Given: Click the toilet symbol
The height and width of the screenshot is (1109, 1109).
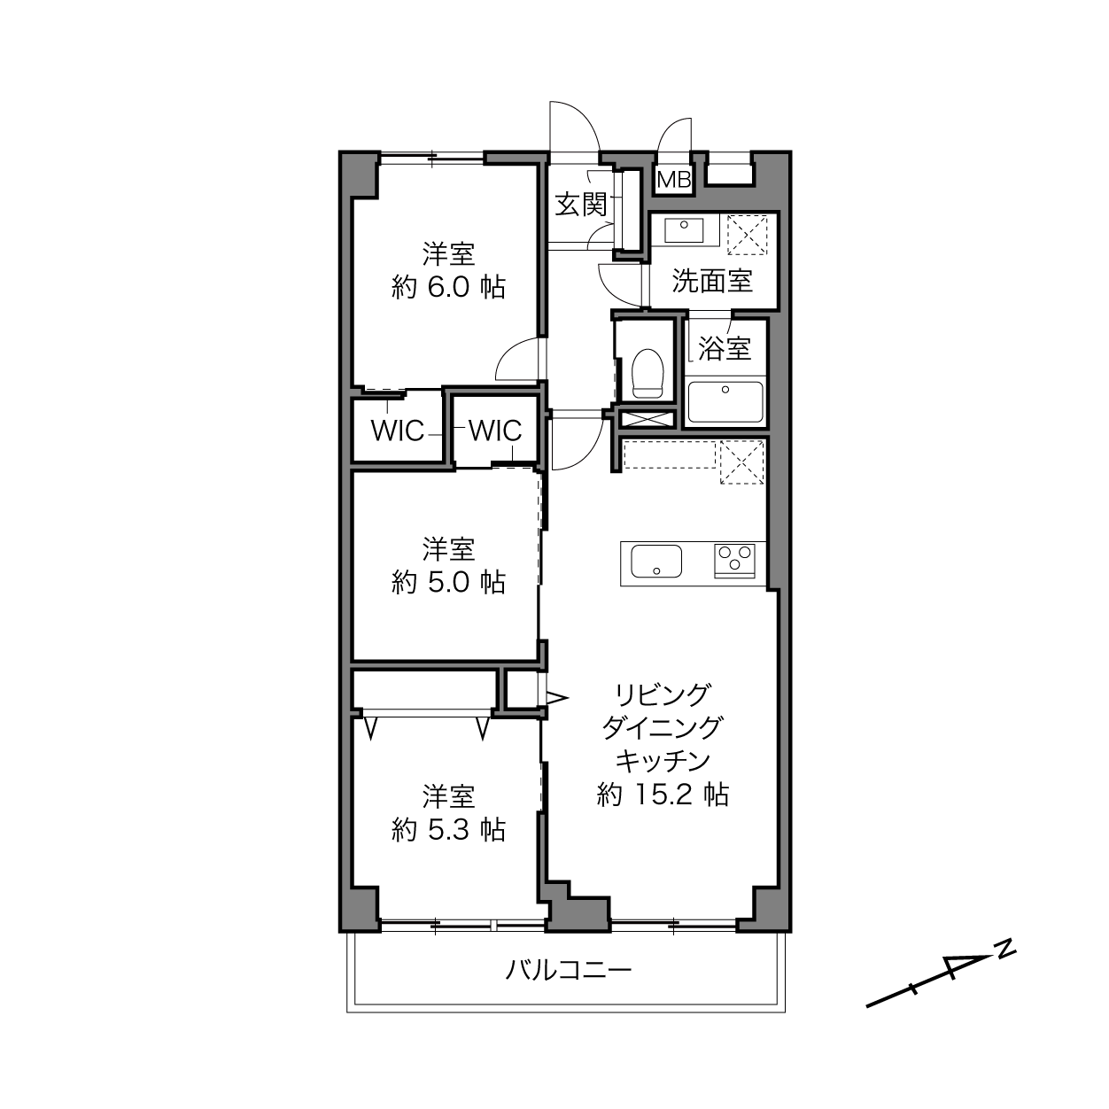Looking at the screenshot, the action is pyautogui.click(x=648, y=374).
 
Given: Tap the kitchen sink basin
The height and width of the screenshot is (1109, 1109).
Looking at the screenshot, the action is pyautogui.click(x=656, y=561).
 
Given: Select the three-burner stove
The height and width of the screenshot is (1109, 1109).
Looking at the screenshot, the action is pyautogui.click(x=734, y=561).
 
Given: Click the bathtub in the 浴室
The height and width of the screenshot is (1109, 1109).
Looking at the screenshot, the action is pyautogui.click(x=725, y=401).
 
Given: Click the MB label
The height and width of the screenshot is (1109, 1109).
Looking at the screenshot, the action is pyautogui.click(x=674, y=180).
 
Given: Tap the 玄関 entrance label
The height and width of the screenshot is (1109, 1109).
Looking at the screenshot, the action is pyautogui.click(x=581, y=205).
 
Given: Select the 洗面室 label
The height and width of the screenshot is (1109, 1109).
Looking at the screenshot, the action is pyautogui.click(x=712, y=281).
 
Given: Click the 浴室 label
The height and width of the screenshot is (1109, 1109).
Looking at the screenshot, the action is pyautogui.click(x=725, y=347).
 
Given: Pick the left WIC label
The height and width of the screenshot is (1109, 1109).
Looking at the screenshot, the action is pyautogui.click(x=398, y=430).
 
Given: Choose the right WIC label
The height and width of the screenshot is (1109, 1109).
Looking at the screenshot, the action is pyautogui.click(x=495, y=430).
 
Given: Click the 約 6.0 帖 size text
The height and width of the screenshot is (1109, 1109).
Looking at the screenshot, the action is pyautogui.click(x=448, y=287).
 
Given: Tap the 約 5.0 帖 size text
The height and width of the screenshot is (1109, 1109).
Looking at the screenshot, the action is pyautogui.click(x=448, y=582).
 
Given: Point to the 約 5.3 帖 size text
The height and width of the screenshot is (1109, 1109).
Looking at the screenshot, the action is pyautogui.click(x=448, y=829).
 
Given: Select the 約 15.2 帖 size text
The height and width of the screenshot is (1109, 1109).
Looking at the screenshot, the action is pyautogui.click(x=663, y=795).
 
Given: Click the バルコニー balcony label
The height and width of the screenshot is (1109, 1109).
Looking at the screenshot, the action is pyautogui.click(x=568, y=970).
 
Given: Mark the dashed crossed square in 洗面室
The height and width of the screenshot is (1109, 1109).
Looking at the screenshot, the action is pyautogui.click(x=747, y=235).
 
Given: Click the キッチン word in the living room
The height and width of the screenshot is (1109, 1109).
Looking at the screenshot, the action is pyautogui.click(x=663, y=761).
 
